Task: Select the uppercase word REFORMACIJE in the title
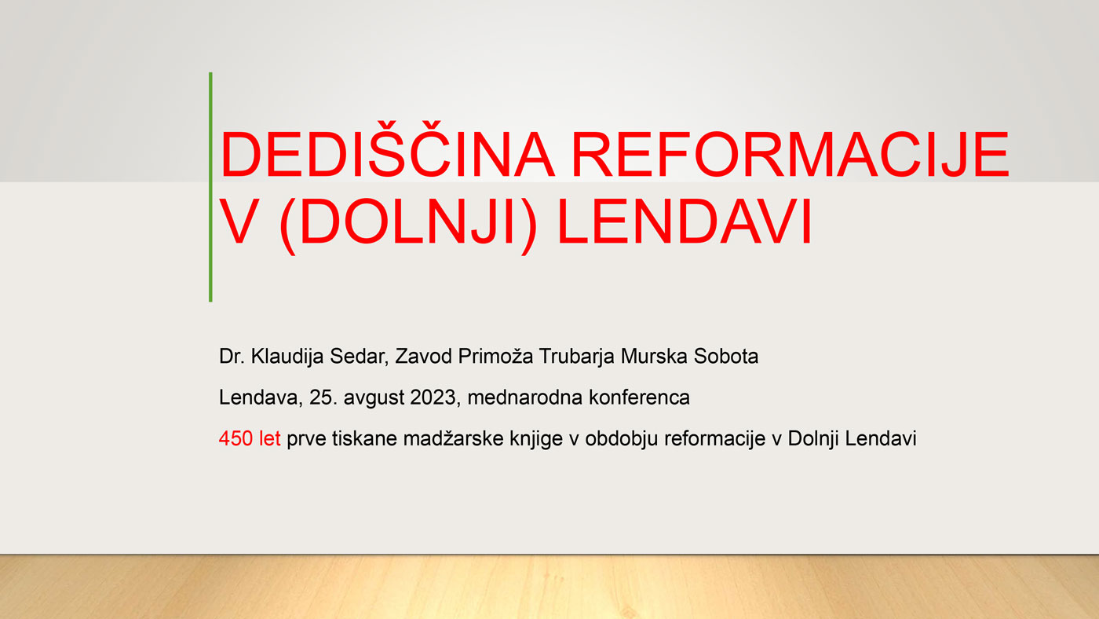tap(790, 154)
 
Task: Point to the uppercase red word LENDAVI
tap(685, 221)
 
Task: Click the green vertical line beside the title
tap(210, 187)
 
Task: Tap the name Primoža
tap(495, 357)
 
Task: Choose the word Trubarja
tap(576, 357)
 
